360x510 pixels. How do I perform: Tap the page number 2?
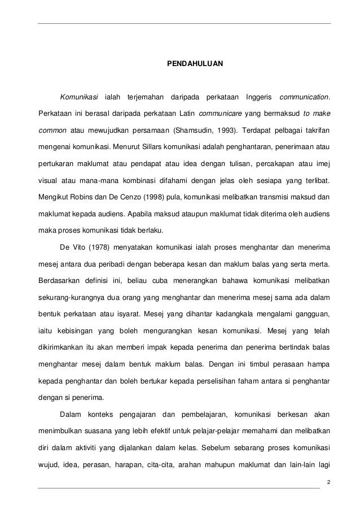328,481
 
